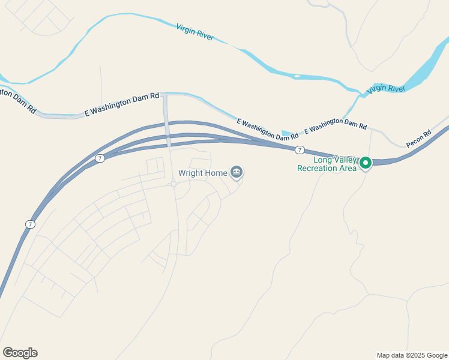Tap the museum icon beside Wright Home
click(x=237, y=173)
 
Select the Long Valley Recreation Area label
click(x=327, y=164)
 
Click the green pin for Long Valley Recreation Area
click(x=364, y=163)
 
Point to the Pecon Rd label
click(x=418, y=139)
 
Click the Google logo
click(x=20, y=353)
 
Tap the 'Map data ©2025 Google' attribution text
click(x=412, y=355)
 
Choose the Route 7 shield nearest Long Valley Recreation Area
click(x=299, y=149)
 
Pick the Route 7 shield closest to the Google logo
click(x=30, y=224)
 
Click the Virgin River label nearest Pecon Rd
click(x=386, y=89)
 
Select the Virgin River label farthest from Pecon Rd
click(x=195, y=32)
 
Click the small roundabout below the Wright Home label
click(x=173, y=185)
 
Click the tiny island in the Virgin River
click(x=297, y=76)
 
